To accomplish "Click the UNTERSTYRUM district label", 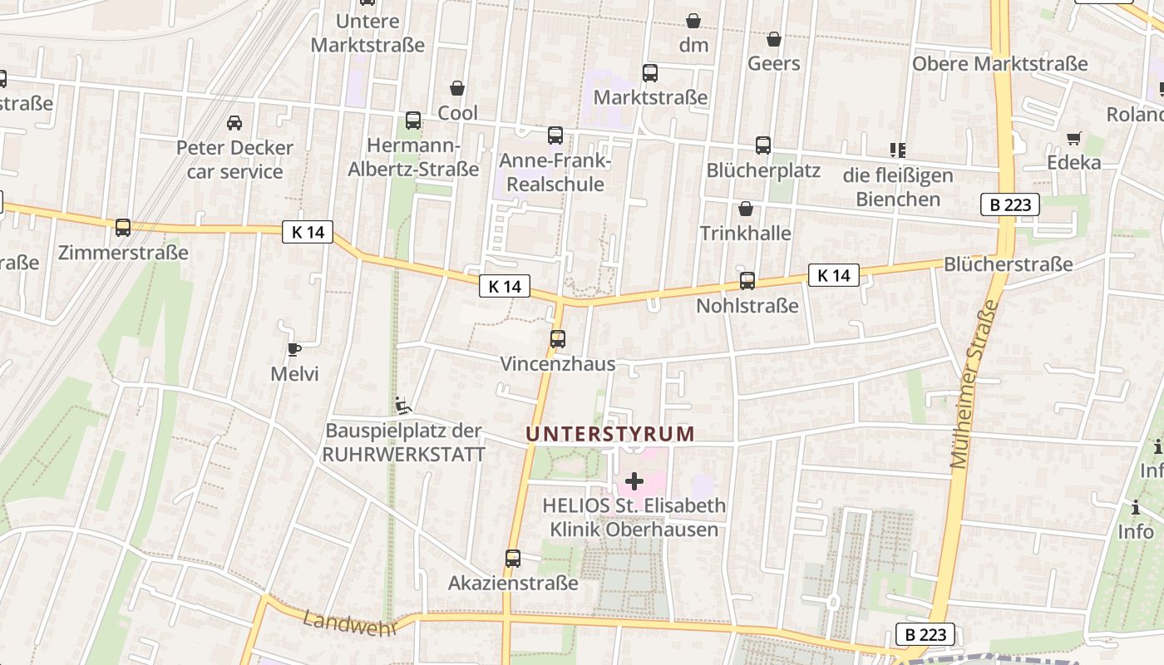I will (x=610, y=433).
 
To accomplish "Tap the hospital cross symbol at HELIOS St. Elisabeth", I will (x=634, y=480).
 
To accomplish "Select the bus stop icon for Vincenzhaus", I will (x=557, y=339).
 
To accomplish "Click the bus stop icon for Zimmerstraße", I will (x=123, y=227).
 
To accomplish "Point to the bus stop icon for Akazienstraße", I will (x=513, y=559).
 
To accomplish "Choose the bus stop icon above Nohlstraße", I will (x=747, y=281).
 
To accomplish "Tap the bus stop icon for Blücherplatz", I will (x=763, y=145).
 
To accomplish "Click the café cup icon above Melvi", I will (x=293, y=349).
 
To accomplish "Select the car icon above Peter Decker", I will (x=234, y=123).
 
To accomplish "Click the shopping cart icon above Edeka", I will (x=1074, y=138).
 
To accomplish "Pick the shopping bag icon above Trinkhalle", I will (x=746, y=209).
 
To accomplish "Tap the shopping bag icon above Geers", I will (x=774, y=39).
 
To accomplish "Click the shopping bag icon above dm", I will (x=693, y=21).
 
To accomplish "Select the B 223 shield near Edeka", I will (x=1010, y=204).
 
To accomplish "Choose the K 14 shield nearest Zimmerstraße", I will (x=308, y=232).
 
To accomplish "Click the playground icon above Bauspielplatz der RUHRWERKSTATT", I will (x=403, y=406).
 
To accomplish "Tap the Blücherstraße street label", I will (x=1008, y=264).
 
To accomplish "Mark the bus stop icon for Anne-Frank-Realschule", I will (x=555, y=135).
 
